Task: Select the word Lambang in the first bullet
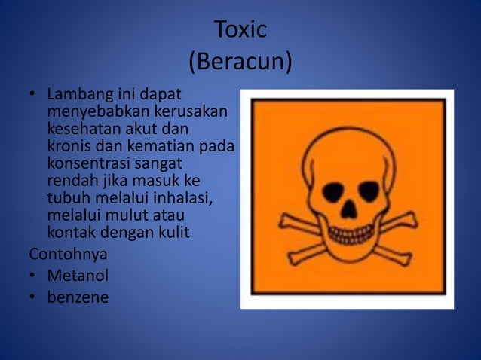[78, 96]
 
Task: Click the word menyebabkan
[94, 112]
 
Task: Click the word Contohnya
[68, 253]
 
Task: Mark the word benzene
[78, 297]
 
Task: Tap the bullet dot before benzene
[34, 297]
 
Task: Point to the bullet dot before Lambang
[34, 96]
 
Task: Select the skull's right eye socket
[368, 191]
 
